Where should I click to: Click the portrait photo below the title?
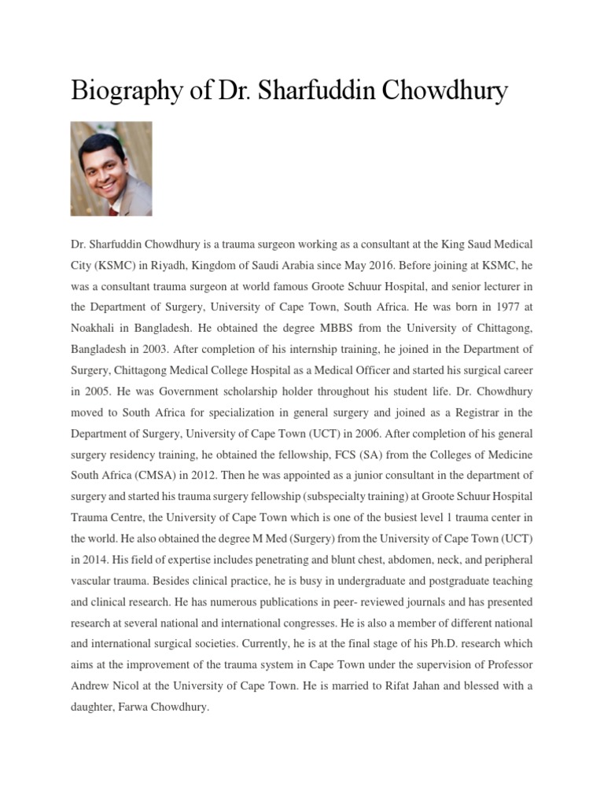(x=111, y=168)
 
